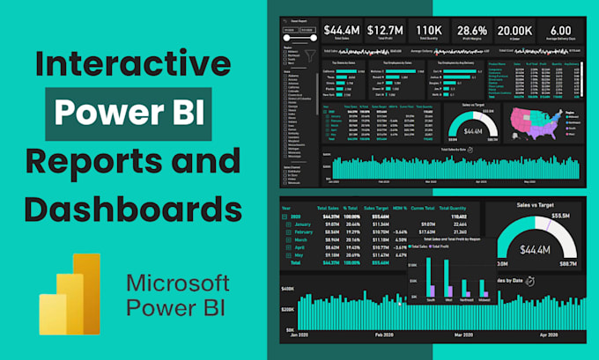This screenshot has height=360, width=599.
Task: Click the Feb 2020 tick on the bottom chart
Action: (x=384, y=335)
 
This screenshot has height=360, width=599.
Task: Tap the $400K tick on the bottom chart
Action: (x=286, y=289)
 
